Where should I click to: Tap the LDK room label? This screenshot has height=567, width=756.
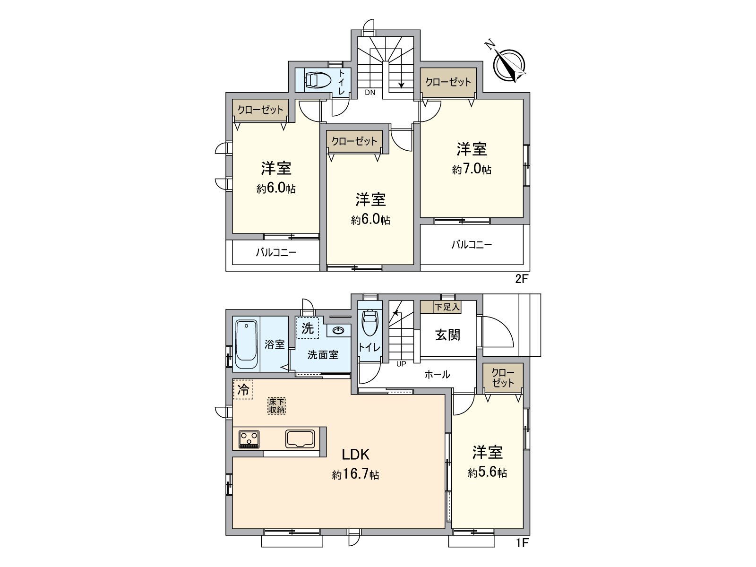click(x=355, y=455)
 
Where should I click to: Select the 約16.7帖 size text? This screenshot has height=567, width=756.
click(x=355, y=474)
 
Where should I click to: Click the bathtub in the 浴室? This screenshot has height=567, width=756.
click(x=246, y=344)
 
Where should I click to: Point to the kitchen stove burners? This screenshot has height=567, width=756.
click(x=249, y=439)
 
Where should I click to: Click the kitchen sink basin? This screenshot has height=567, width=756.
click(x=300, y=438)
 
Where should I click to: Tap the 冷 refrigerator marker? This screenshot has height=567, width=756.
click(x=243, y=389)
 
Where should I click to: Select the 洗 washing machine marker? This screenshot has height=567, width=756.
click(x=308, y=327)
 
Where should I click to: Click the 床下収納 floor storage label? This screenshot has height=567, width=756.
click(x=277, y=405)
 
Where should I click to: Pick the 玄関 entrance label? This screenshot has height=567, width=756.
click(x=447, y=335)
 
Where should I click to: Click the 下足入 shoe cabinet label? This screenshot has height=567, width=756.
click(x=447, y=307)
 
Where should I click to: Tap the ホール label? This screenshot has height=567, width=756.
click(x=437, y=375)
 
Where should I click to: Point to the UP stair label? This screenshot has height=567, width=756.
click(x=401, y=364)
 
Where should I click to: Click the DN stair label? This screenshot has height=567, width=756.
click(x=370, y=93)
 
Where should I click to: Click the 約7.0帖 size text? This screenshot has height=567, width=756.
click(x=472, y=169)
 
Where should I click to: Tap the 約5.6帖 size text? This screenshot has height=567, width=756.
click(x=488, y=472)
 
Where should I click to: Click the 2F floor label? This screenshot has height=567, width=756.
click(x=521, y=279)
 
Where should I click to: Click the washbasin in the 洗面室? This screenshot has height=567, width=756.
click(x=338, y=330)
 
